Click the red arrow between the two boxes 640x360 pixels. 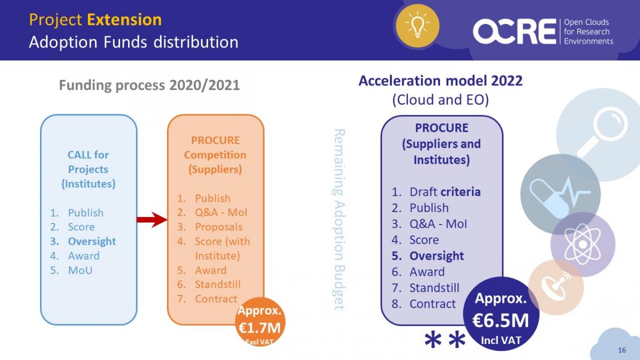tap(152, 219)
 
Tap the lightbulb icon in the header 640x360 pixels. tap(418, 25)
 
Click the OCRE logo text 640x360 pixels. tap(515, 31)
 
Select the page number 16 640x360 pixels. tap(622, 350)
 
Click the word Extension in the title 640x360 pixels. tap(124, 20)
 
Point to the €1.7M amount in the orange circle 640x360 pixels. tap(259, 327)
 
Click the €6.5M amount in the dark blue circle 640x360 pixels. tap(501, 321)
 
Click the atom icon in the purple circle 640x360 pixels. tap(582, 244)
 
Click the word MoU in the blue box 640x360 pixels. tap(81, 270)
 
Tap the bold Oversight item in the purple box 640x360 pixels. tap(437, 256)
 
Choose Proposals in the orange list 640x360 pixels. tap(219, 227)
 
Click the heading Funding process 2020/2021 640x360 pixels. tap(149, 85)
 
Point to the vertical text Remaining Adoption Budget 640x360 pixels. tap(339, 219)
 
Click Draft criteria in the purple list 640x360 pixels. tap(445, 191)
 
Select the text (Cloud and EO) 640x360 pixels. tap(441, 100)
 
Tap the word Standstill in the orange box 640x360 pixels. tap(218, 284)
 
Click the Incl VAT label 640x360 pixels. tap(501, 340)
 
